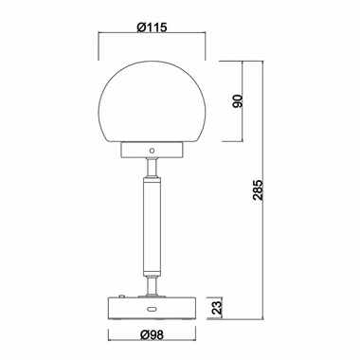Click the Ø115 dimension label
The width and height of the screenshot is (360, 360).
coord(152,27)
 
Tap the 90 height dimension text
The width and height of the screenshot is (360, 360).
coord(238,101)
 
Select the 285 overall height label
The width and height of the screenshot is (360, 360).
coord(258,189)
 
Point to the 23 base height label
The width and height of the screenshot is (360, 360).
coord(217,306)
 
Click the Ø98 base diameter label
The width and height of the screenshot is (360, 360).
coord(153,334)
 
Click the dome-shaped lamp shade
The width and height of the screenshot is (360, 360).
coord(152,101)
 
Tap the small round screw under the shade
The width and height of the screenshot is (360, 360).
coord(152,151)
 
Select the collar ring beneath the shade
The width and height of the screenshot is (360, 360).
coord(152,151)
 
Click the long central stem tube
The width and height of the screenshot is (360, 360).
coord(152,226)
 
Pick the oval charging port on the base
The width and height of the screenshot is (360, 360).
coord(152,309)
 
